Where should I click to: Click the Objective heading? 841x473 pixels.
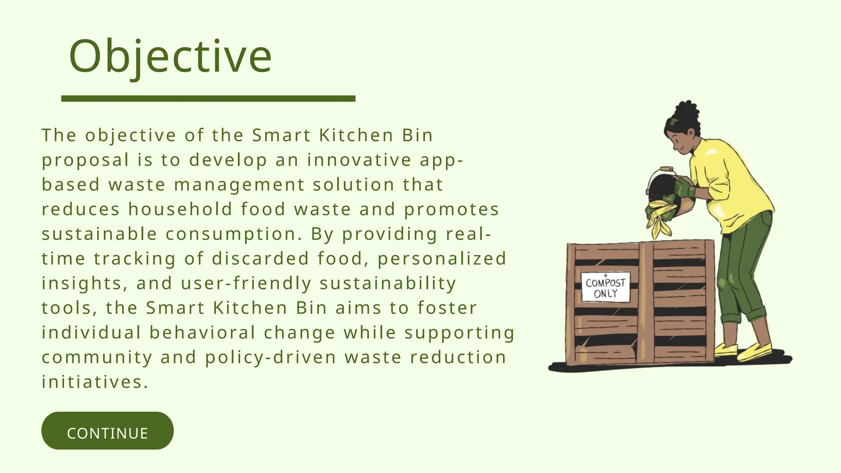click(170, 56)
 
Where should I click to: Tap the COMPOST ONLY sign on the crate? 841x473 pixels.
click(605, 287)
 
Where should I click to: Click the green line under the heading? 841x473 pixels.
click(208, 99)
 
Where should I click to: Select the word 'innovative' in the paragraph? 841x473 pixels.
click(359, 160)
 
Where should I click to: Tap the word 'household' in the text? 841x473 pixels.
click(180, 209)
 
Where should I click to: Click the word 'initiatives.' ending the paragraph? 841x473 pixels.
click(95, 382)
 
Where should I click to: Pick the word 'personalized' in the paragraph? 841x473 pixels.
click(442, 259)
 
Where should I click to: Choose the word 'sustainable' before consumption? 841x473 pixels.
click(99, 234)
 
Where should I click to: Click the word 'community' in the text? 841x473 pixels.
click(97, 357)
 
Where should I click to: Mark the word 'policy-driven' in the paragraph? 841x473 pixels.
click(271, 357)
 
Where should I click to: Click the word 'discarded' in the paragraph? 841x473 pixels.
click(260, 259)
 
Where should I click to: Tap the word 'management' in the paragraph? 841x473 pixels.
click(239, 185)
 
